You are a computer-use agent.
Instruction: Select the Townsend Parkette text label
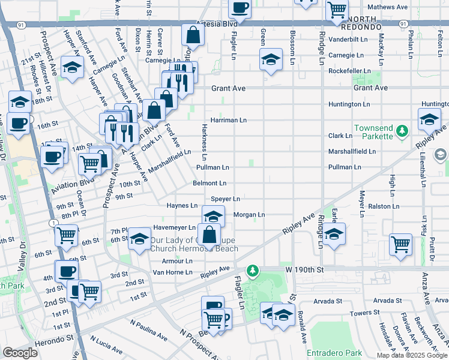[x=376, y=133]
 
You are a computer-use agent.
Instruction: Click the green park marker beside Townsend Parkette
[x=405, y=129]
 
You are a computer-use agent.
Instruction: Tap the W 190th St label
[x=304, y=270]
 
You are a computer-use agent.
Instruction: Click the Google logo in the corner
[x=19, y=353]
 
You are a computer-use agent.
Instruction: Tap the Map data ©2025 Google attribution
[x=412, y=355]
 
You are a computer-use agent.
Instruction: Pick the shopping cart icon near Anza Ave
[x=400, y=244]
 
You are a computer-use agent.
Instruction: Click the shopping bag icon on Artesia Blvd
[x=193, y=35]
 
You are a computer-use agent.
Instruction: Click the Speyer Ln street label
[x=225, y=199]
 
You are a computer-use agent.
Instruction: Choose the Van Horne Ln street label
[x=172, y=272]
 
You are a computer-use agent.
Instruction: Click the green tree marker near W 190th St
[x=254, y=271]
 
